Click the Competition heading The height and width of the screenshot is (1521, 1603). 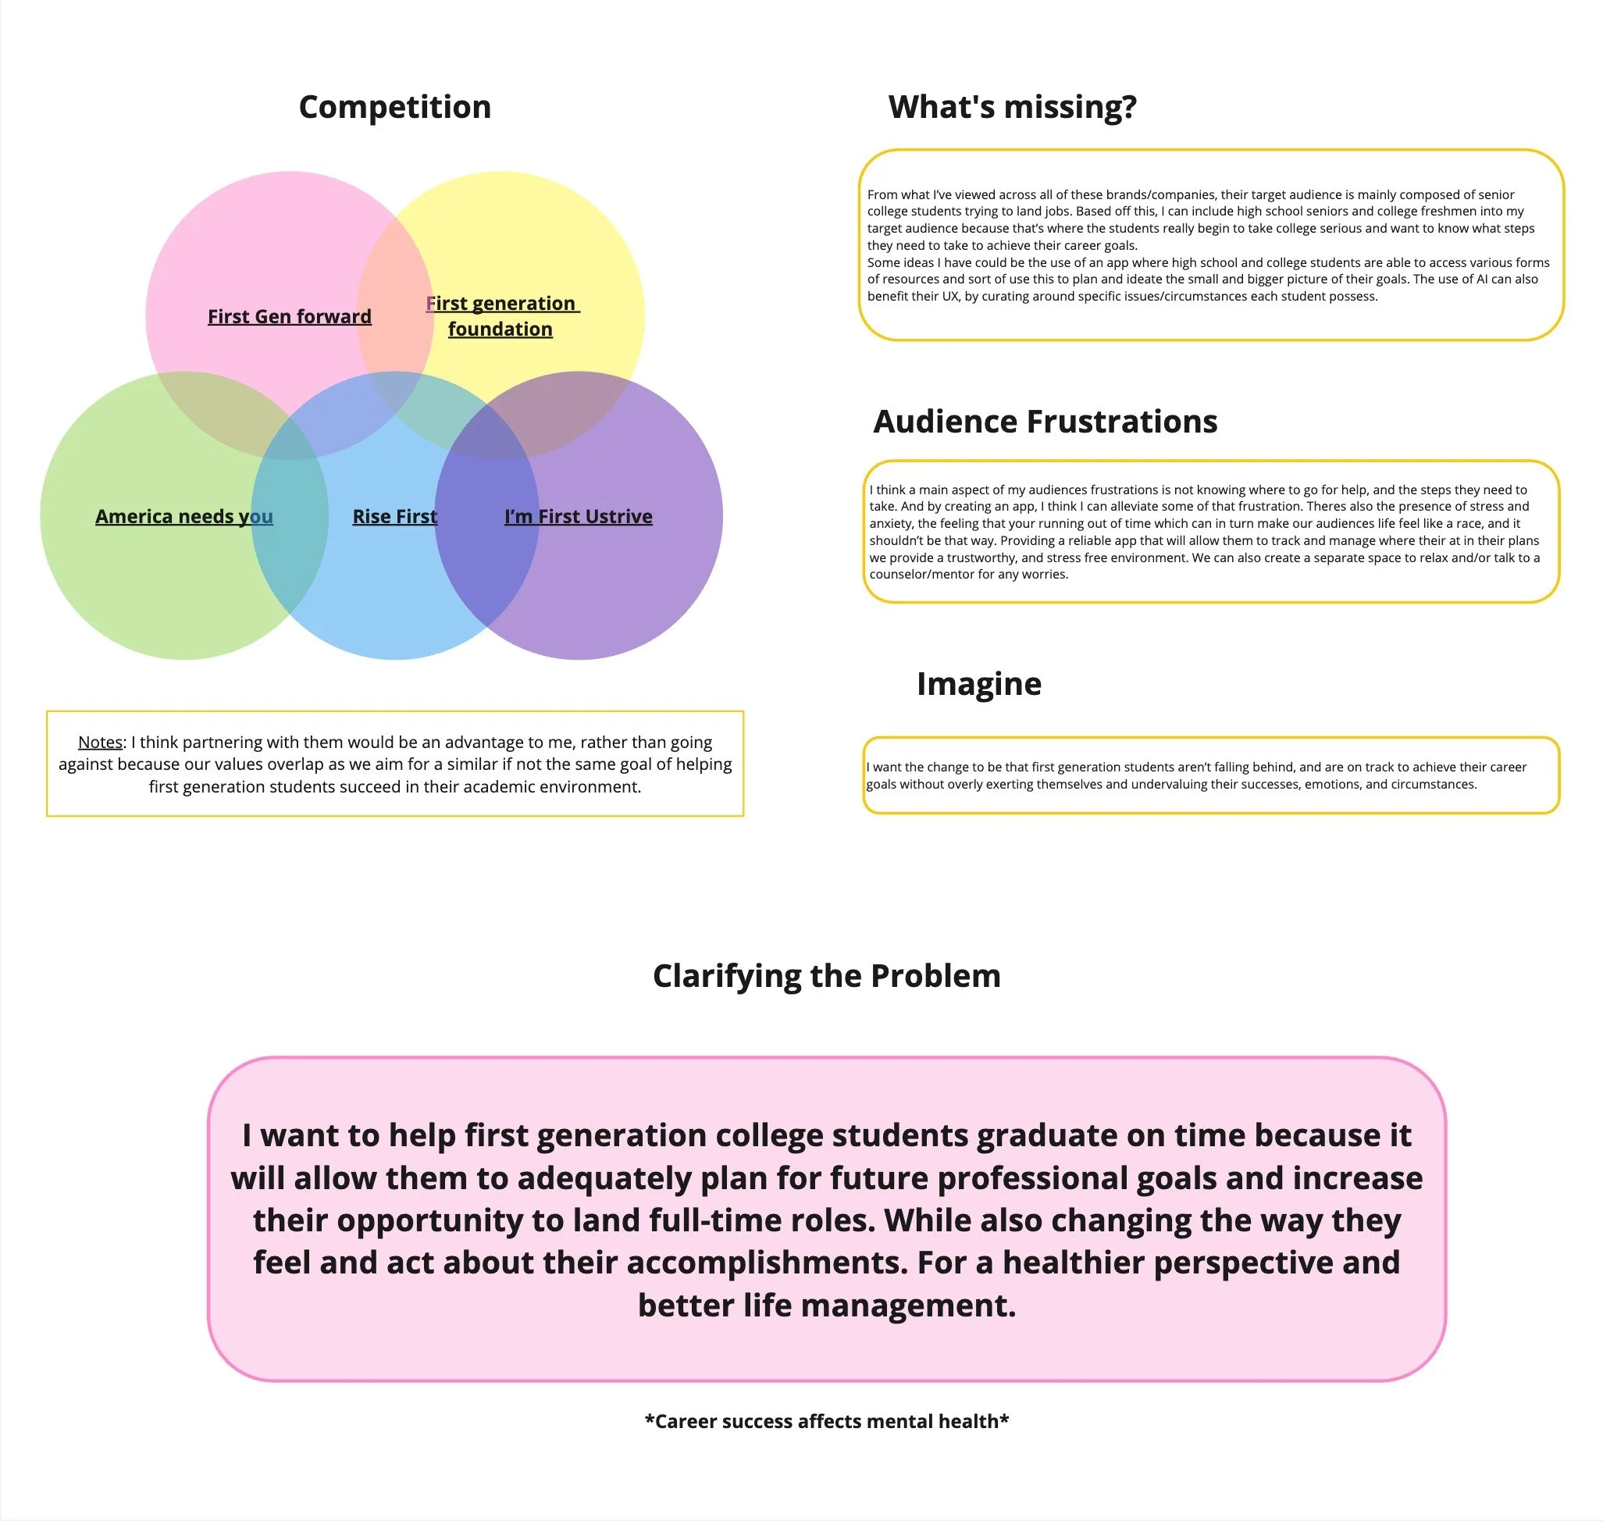[395, 107]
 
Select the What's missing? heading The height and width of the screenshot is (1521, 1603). [1012, 107]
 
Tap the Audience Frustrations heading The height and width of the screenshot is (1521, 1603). [1046, 422]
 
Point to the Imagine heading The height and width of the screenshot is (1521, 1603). [978, 683]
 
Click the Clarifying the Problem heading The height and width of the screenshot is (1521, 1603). [826, 975]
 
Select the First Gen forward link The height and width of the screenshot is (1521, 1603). [290, 316]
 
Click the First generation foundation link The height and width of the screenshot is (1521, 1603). [500, 315]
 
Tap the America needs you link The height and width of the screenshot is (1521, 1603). [184, 516]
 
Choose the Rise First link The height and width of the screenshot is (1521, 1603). [395, 516]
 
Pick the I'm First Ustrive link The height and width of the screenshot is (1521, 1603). [578, 516]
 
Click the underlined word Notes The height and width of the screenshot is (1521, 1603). [100, 742]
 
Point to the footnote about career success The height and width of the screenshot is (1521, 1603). [826, 1420]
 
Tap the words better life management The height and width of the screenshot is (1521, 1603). [826, 1305]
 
